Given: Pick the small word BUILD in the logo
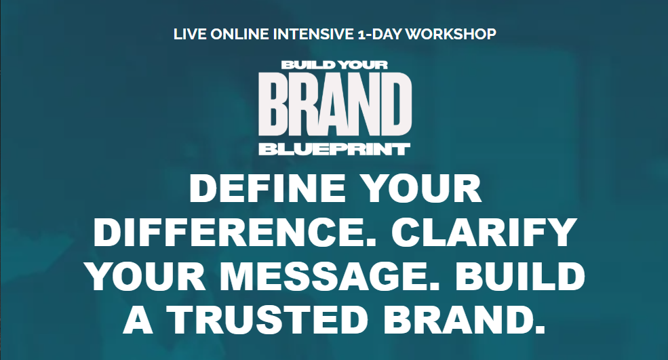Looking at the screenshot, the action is click(x=304, y=65).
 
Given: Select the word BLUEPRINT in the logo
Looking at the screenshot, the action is click(x=335, y=149).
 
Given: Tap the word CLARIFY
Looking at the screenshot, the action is click(x=484, y=232).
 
